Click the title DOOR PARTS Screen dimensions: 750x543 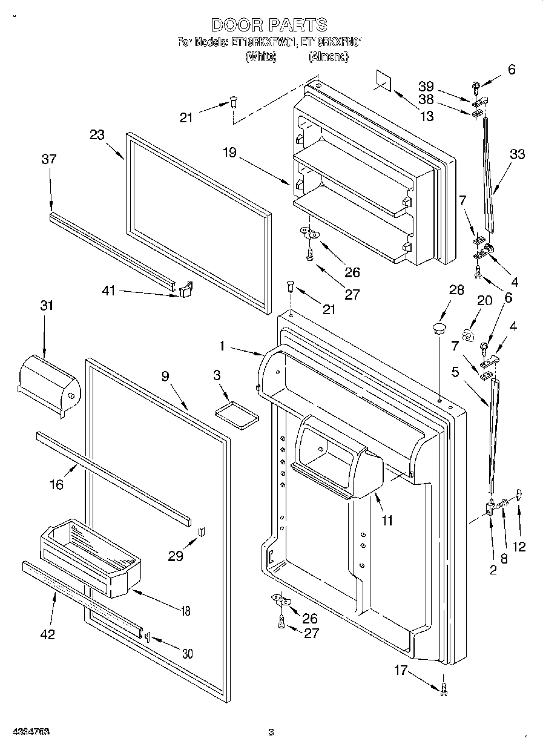269,25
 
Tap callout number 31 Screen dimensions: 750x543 47,306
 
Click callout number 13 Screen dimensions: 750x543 427,116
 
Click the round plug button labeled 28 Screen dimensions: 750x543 438,329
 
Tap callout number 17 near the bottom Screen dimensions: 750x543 400,670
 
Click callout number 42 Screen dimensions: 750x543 47,634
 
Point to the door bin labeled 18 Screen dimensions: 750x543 91,556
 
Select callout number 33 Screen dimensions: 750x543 517,154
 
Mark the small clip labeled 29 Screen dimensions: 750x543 203,531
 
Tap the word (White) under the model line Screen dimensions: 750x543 260,56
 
